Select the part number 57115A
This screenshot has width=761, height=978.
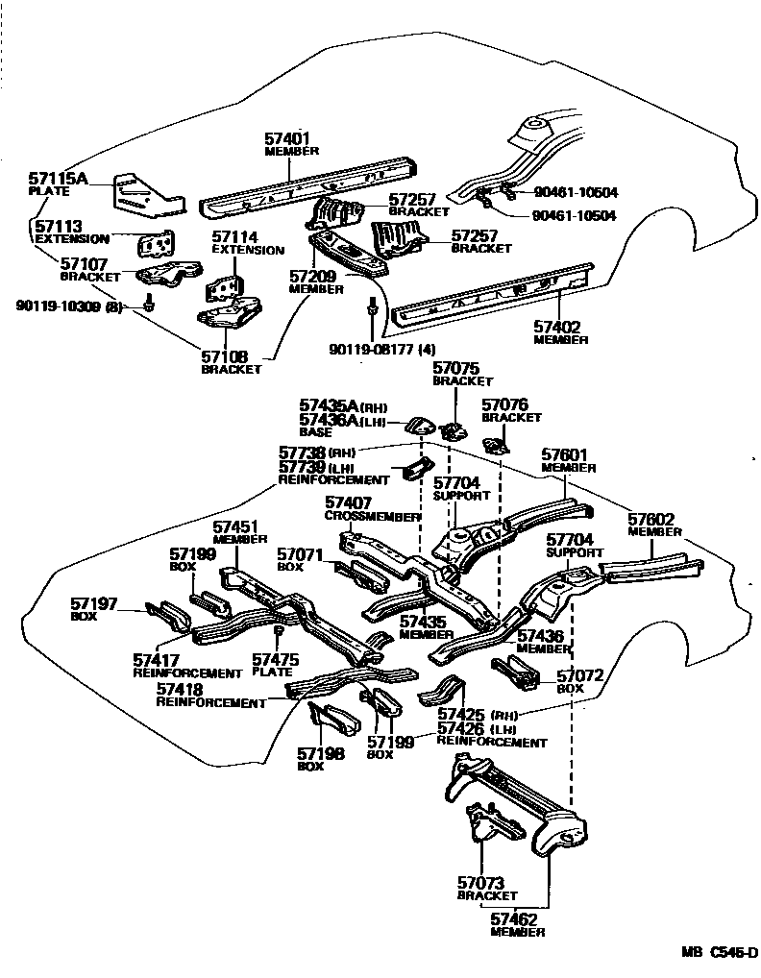pyautogui.click(x=58, y=179)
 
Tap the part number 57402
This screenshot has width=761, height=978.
pyautogui.click(x=558, y=327)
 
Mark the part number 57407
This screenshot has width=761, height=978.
pyautogui.click(x=348, y=502)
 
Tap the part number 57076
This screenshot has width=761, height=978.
pyautogui.click(x=505, y=406)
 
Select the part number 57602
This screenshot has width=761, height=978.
pyautogui.click(x=651, y=520)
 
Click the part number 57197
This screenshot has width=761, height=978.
pyautogui.click(x=94, y=603)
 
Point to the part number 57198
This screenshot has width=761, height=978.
pyautogui.click(x=321, y=753)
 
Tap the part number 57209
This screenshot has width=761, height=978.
pyautogui.click(x=313, y=277)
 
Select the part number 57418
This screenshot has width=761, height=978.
pyautogui.click(x=180, y=690)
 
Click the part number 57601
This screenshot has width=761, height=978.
pyautogui.click(x=564, y=454)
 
